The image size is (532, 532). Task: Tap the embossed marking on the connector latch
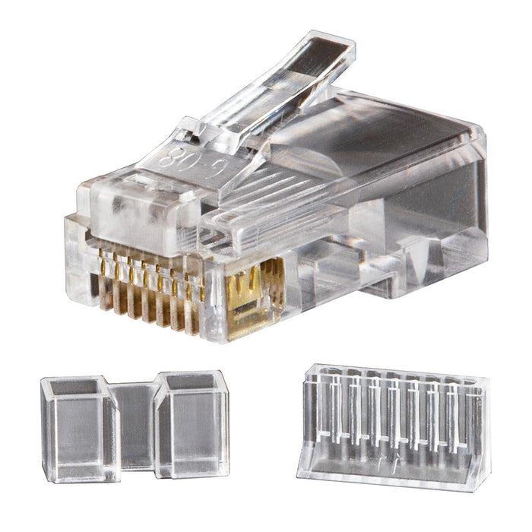click(x=182, y=159)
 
